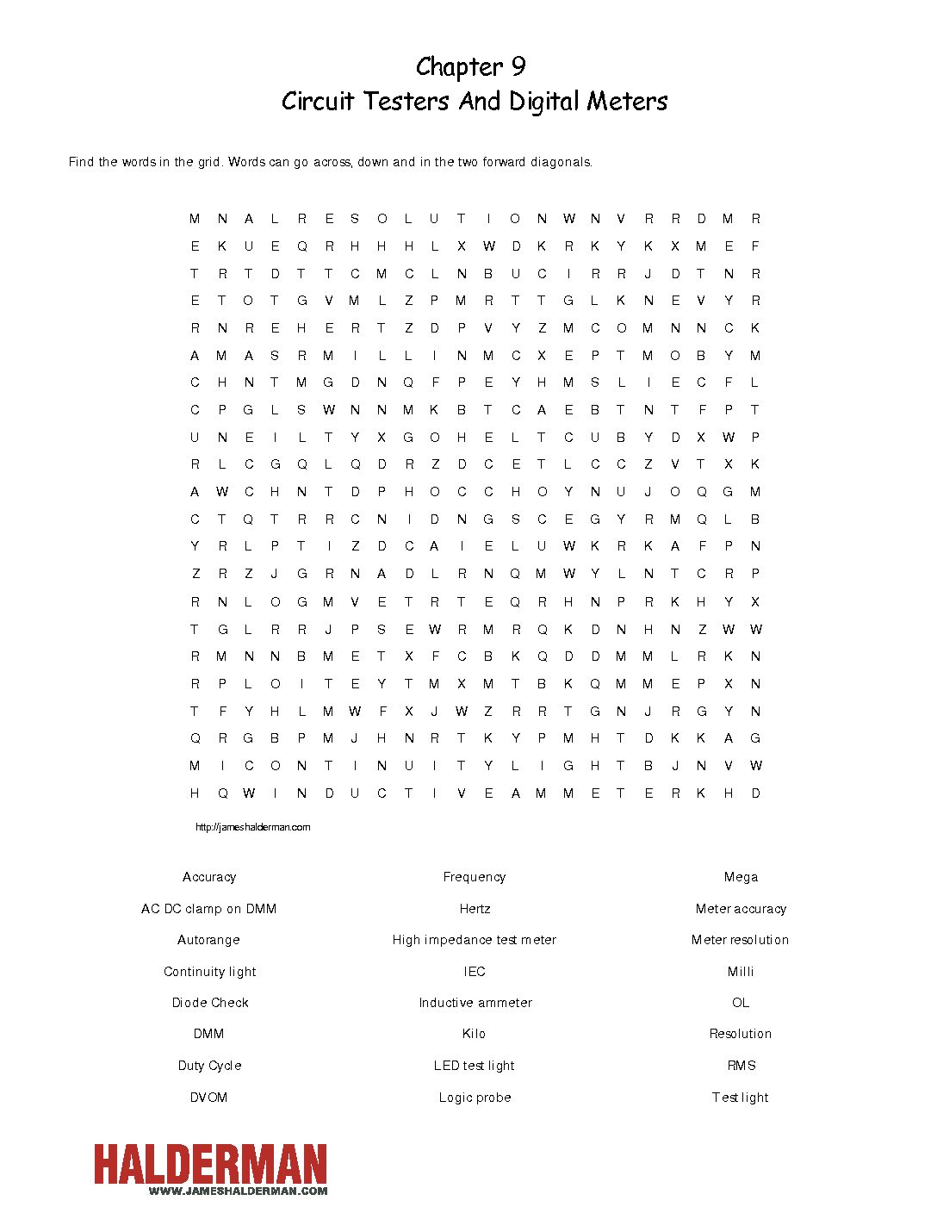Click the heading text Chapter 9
pos(470,67)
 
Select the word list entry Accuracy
pos(209,877)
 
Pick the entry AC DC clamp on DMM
pos(209,909)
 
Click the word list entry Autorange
pos(209,940)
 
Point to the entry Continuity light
pos(210,972)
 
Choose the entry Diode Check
pos(210,1003)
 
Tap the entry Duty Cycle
pos(210,1066)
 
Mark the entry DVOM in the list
pos(209,1098)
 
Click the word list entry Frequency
pos(475,877)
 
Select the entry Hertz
pos(475,909)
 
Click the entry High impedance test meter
pos(475,940)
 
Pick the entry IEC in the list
pos(475,972)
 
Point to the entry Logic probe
pos(475,1098)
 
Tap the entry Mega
pos(741,877)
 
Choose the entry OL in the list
pos(741,1003)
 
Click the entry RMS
pos(741,1066)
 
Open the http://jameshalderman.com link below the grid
pos(252,827)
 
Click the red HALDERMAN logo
pos(211,1165)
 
